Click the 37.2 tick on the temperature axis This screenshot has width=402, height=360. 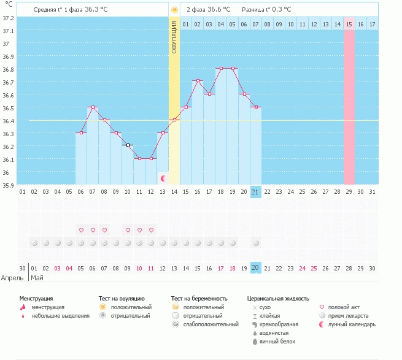tap(9, 18)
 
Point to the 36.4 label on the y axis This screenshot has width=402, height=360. tap(9, 121)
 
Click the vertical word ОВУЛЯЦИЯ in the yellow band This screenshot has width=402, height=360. tap(174, 37)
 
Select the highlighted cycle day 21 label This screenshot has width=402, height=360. tap(256, 192)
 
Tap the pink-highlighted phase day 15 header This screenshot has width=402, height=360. tap(349, 24)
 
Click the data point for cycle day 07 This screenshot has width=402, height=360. tap(93, 107)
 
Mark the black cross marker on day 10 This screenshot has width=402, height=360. tap(128, 145)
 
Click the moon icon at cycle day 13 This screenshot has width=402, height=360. tap(163, 178)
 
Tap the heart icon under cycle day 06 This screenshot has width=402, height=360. tap(81, 230)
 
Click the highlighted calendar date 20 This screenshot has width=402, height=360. tap(256, 268)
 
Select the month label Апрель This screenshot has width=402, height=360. tap(12, 277)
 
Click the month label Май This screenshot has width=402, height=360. tap(37, 277)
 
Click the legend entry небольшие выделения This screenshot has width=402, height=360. tap(60, 316)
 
